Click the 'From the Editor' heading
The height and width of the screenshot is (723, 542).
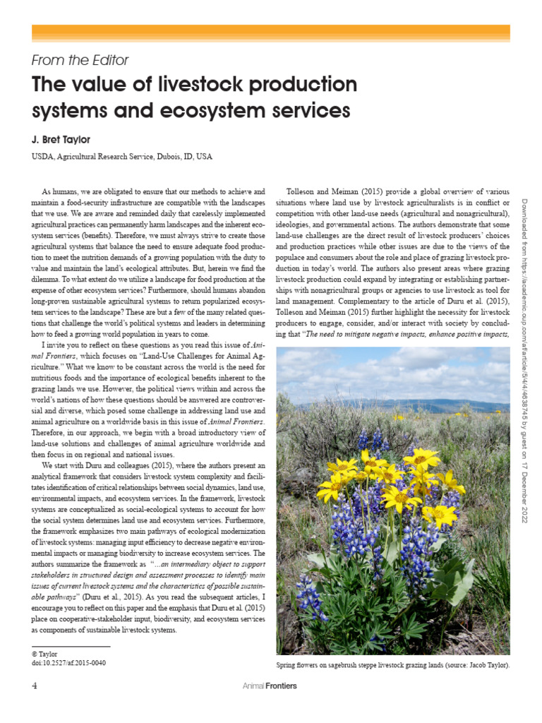(x=80, y=61)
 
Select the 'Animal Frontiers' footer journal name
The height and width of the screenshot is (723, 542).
(x=270, y=686)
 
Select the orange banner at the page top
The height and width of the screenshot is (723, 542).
(x=271, y=32)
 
